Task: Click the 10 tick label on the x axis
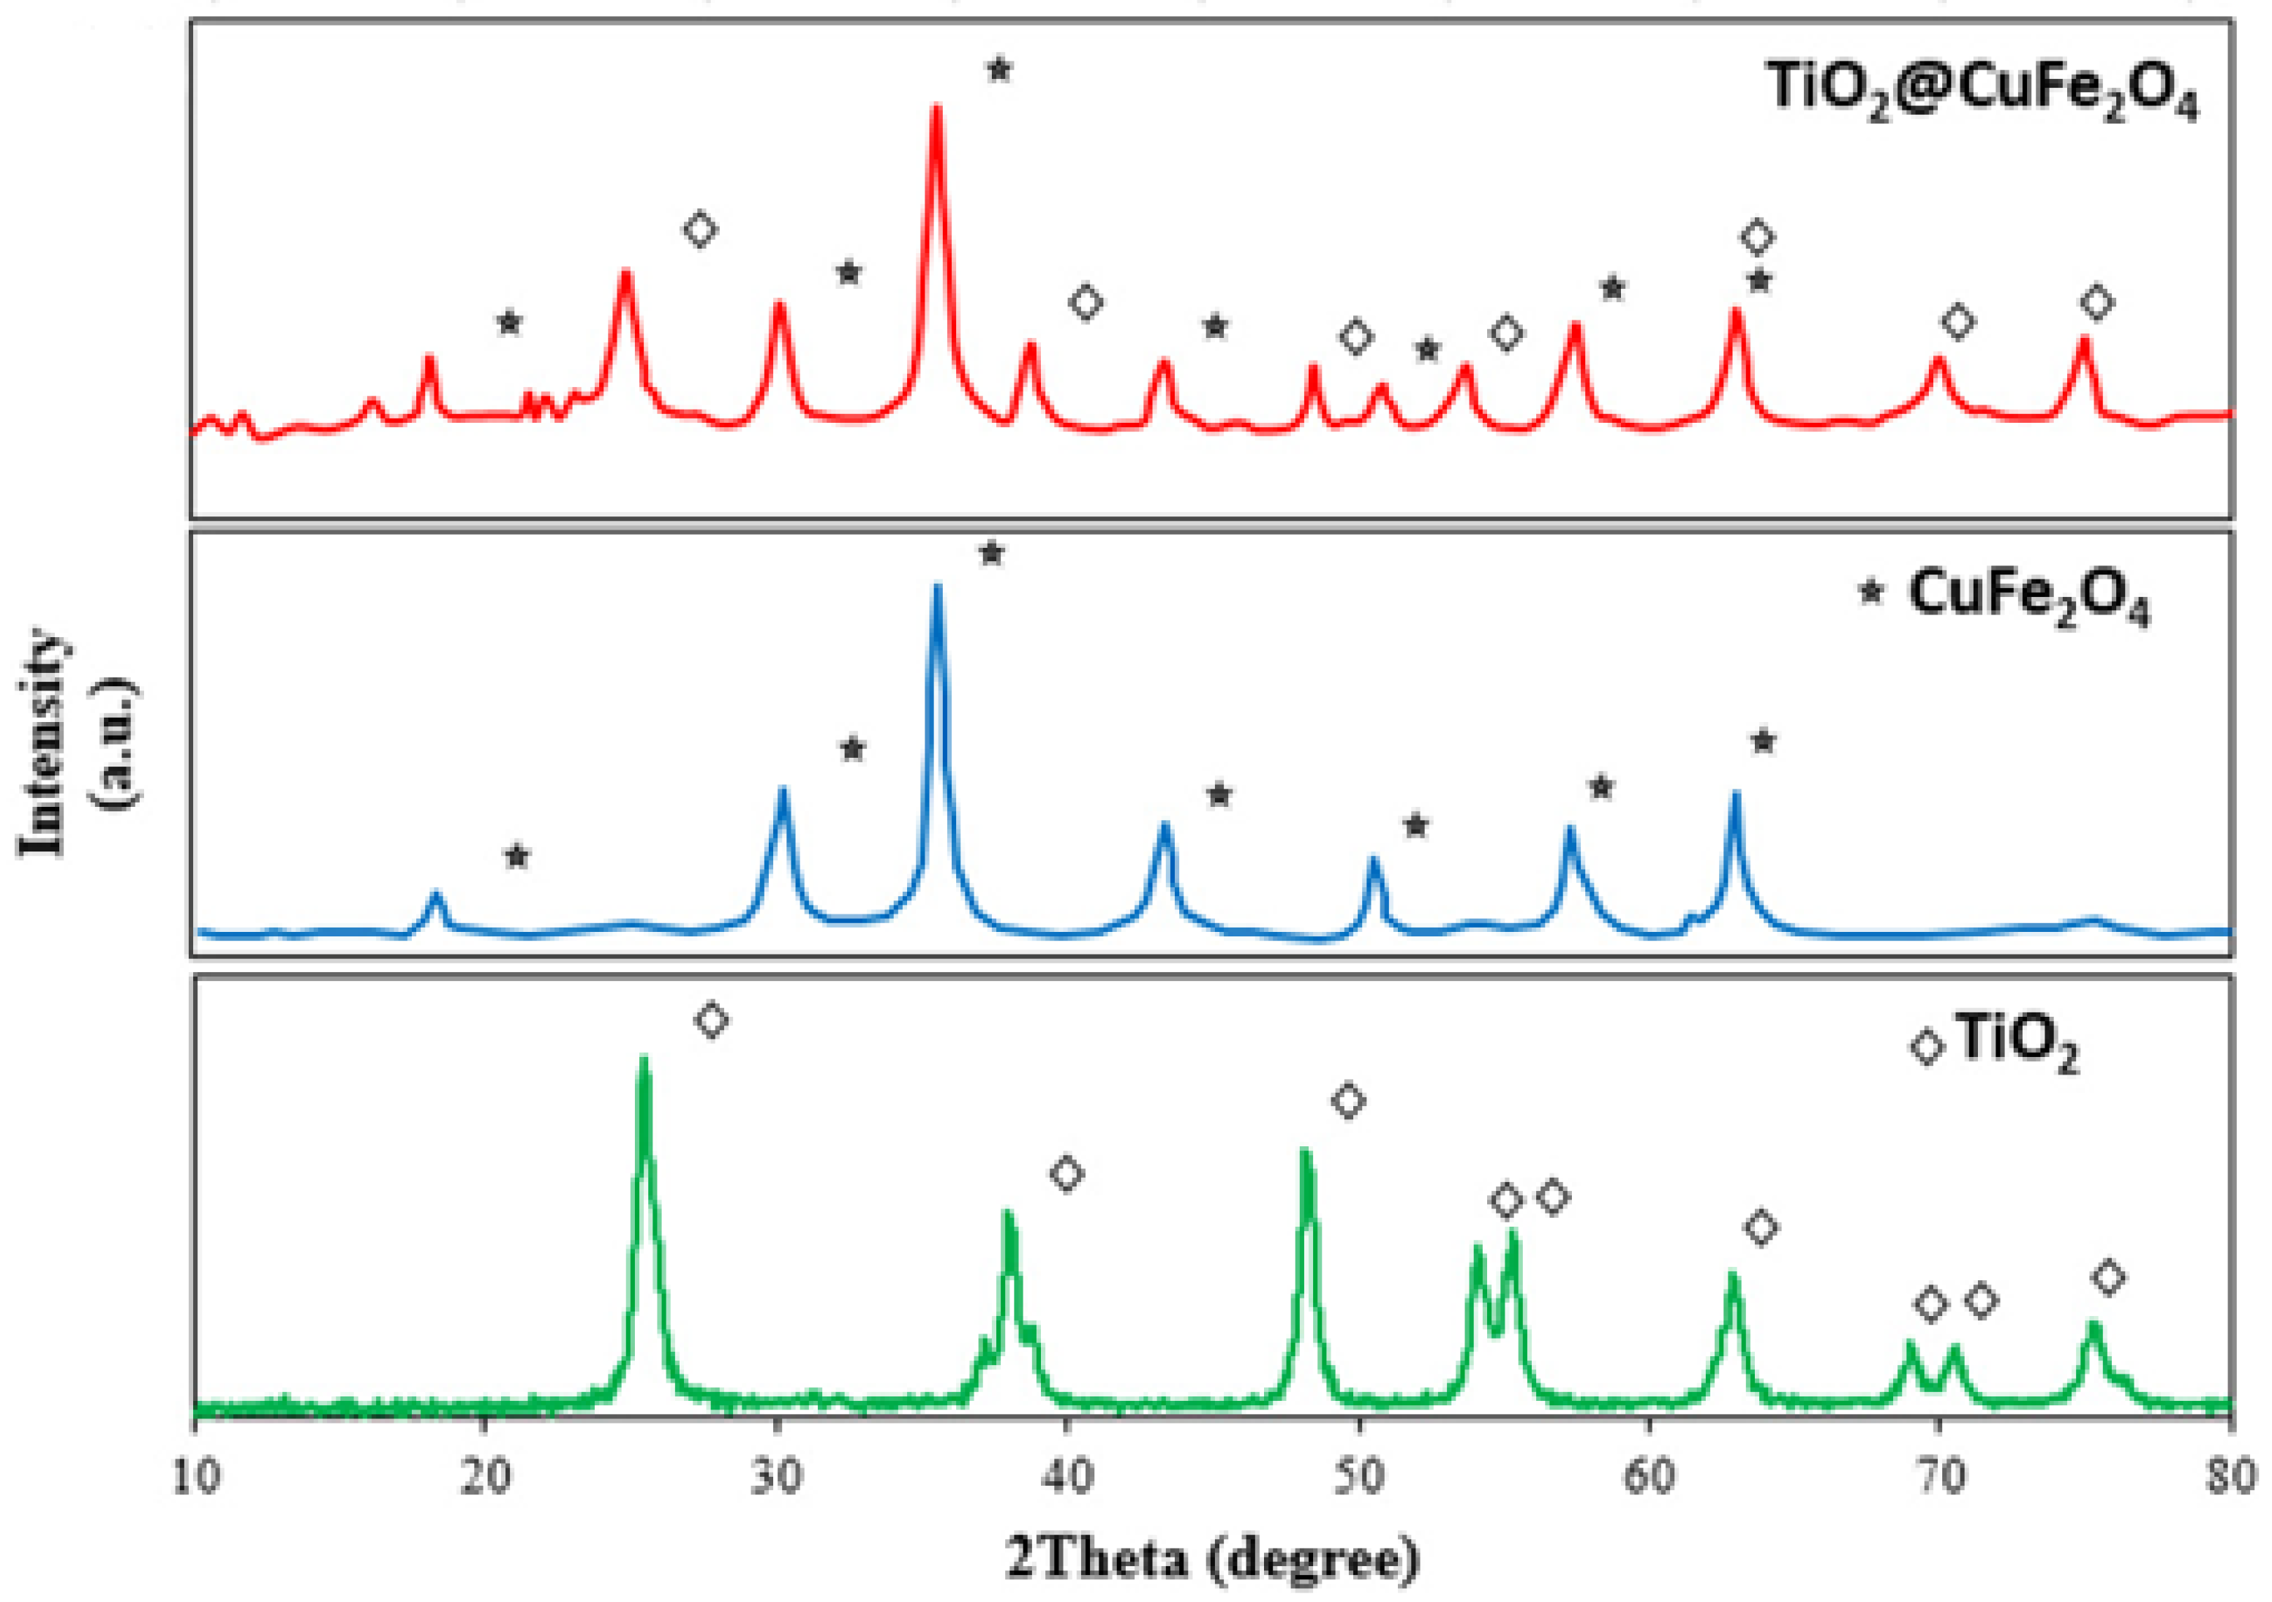195,1478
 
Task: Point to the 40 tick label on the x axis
1068,1478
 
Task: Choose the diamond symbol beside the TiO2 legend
1927,1047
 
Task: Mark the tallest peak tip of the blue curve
937,587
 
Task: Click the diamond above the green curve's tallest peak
712,1019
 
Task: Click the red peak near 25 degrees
625,272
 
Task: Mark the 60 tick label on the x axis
1650,1478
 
